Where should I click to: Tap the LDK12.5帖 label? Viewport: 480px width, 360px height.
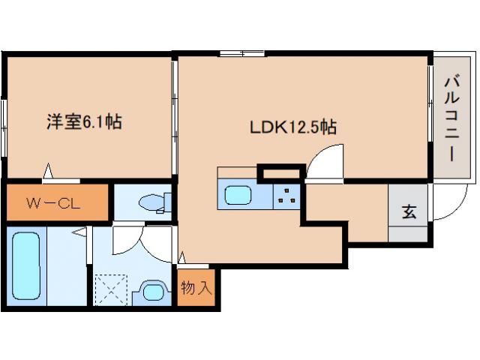[292, 127]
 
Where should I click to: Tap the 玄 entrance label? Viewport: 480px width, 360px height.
[409, 211]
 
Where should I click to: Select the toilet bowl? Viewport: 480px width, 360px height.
[154, 202]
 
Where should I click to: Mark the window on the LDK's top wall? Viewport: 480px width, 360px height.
[232, 53]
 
